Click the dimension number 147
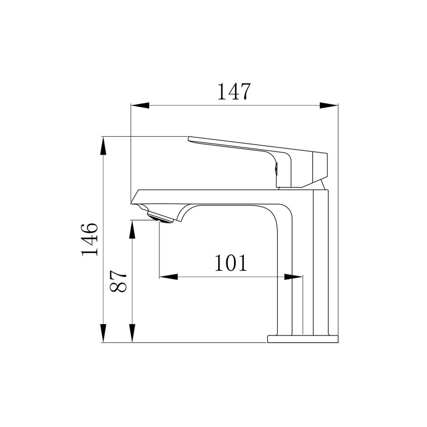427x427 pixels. click(x=233, y=91)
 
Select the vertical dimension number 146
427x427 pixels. click(x=89, y=240)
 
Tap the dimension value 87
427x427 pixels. click(x=119, y=281)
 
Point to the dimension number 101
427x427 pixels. click(x=231, y=263)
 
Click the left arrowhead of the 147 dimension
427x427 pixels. click(x=140, y=105)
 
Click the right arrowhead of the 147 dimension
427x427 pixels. click(x=329, y=105)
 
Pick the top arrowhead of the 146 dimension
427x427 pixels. click(x=103, y=146)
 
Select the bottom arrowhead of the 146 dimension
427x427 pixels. click(x=103, y=333)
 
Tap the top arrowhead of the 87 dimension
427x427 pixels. click(x=132, y=229)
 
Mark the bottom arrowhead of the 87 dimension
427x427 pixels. click(x=132, y=333)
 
